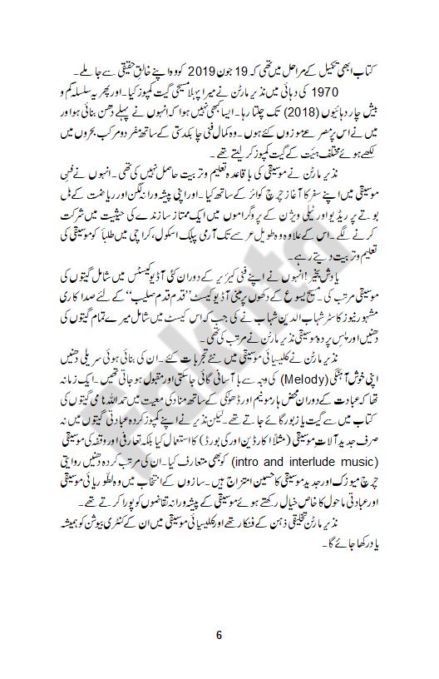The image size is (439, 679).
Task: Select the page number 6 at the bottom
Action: tap(219, 633)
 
